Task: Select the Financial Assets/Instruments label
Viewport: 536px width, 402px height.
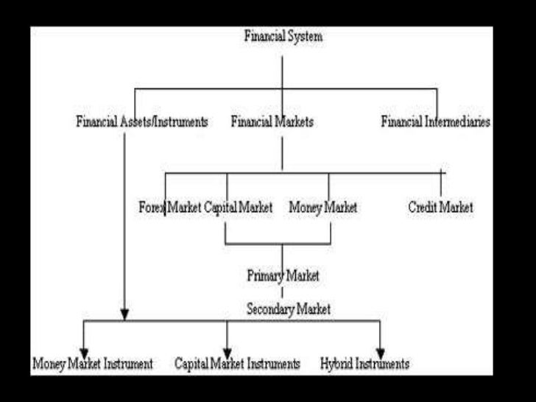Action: [x=141, y=121]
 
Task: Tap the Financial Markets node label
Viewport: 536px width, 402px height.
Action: [x=272, y=121]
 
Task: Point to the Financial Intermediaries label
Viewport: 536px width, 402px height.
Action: [x=435, y=121]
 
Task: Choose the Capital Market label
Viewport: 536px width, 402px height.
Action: [x=238, y=208]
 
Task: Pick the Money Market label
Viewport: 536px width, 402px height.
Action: [x=322, y=208]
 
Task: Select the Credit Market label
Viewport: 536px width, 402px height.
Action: [x=440, y=208]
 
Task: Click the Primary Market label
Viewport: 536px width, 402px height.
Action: [x=283, y=276]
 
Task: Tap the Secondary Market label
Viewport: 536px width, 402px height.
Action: [x=288, y=309]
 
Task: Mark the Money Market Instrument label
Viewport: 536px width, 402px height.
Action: [x=93, y=364]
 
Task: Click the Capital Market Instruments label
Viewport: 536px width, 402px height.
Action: [x=237, y=364]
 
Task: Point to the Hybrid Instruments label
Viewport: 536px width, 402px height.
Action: [x=364, y=364]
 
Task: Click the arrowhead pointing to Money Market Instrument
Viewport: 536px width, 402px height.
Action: [x=84, y=350]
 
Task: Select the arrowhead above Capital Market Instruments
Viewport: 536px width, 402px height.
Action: [x=227, y=350]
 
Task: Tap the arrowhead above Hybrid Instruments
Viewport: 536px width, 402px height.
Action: [x=381, y=350]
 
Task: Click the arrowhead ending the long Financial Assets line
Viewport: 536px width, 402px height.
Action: [x=124, y=315]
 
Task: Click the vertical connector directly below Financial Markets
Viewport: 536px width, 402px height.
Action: [x=282, y=153]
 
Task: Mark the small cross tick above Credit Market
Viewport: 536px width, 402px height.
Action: [x=442, y=174]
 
